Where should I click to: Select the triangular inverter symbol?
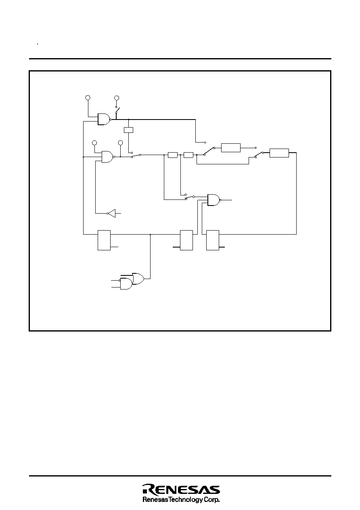112,213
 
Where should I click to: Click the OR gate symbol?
138,279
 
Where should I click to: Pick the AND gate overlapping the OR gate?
126,284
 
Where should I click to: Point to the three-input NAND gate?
213,200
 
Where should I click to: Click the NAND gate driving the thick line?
104,119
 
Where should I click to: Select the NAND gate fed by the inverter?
107,157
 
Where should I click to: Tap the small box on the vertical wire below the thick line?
129,130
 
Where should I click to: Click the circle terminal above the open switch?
117,98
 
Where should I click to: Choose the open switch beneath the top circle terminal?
117,110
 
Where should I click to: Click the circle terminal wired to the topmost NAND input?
88,98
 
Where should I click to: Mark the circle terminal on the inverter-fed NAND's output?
121,143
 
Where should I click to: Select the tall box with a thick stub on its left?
186,240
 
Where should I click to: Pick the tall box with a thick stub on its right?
213,240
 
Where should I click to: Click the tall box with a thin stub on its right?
104,240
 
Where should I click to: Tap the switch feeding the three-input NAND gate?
190,197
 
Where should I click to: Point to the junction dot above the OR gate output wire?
150,234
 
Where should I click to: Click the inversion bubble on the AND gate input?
119,281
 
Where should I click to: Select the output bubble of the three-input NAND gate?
220,200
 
